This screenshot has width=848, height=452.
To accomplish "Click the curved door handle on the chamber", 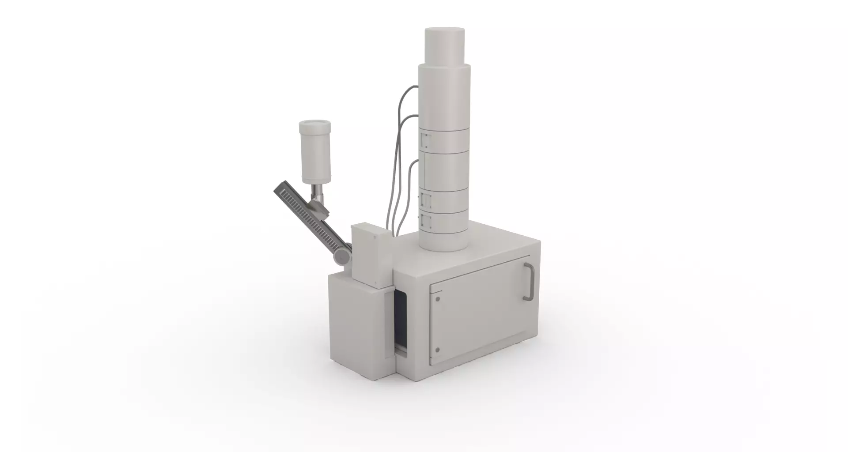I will click(x=529, y=282).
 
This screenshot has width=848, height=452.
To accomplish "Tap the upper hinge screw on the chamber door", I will click(x=438, y=299).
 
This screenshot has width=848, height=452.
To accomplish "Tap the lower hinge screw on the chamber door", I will click(x=437, y=350).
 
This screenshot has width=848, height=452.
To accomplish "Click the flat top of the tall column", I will click(x=445, y=31).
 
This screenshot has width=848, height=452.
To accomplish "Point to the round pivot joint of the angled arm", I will click(x=341, y=256).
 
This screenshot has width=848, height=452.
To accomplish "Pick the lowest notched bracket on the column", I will click(x=424, y=222).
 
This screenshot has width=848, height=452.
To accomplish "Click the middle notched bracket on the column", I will click(x=424, y=200).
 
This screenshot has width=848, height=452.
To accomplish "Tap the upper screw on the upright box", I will click(x=375, y=237).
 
